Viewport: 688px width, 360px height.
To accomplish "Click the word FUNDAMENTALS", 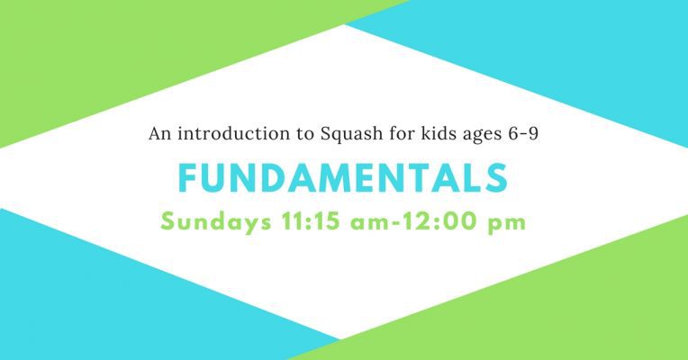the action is coord(343,178).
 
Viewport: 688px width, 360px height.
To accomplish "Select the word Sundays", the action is coord(216,222).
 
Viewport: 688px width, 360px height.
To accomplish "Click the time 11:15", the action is coord(311,221).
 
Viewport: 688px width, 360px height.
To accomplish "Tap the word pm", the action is coord(507,224).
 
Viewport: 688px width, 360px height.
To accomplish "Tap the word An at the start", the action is coord(159,134).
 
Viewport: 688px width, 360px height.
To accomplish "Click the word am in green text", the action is coord(369,223).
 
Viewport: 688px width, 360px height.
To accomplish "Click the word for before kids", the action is coord(402,133).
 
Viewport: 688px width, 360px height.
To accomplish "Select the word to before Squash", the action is coord(305,134).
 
